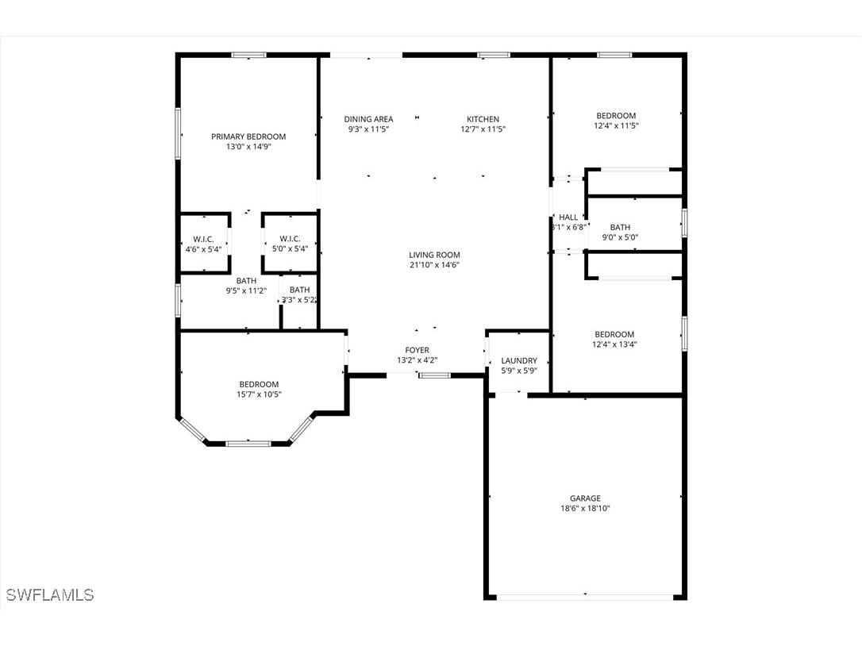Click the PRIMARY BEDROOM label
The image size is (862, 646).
(248, 137)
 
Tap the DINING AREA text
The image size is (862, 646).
(368, 119)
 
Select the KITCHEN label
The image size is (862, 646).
(483, 119)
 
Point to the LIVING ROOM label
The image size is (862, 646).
(434, 255)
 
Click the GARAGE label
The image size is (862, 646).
(585, 498)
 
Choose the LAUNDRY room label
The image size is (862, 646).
(519, 360)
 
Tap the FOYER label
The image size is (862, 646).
(417, 350)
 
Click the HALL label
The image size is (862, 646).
(568, 217)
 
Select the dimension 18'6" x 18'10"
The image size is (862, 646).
(585, 509)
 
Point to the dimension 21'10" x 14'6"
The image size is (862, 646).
(434, 265)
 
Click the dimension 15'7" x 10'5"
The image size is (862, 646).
(259, 394)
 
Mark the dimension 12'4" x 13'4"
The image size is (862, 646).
(615, 344)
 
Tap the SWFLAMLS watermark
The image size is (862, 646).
(49, 594)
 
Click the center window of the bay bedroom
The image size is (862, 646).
(248, 443)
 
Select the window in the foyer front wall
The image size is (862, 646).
(434, 375)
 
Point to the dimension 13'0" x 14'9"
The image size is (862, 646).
(248, 147)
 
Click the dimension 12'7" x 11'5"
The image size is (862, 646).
(483, 129)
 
